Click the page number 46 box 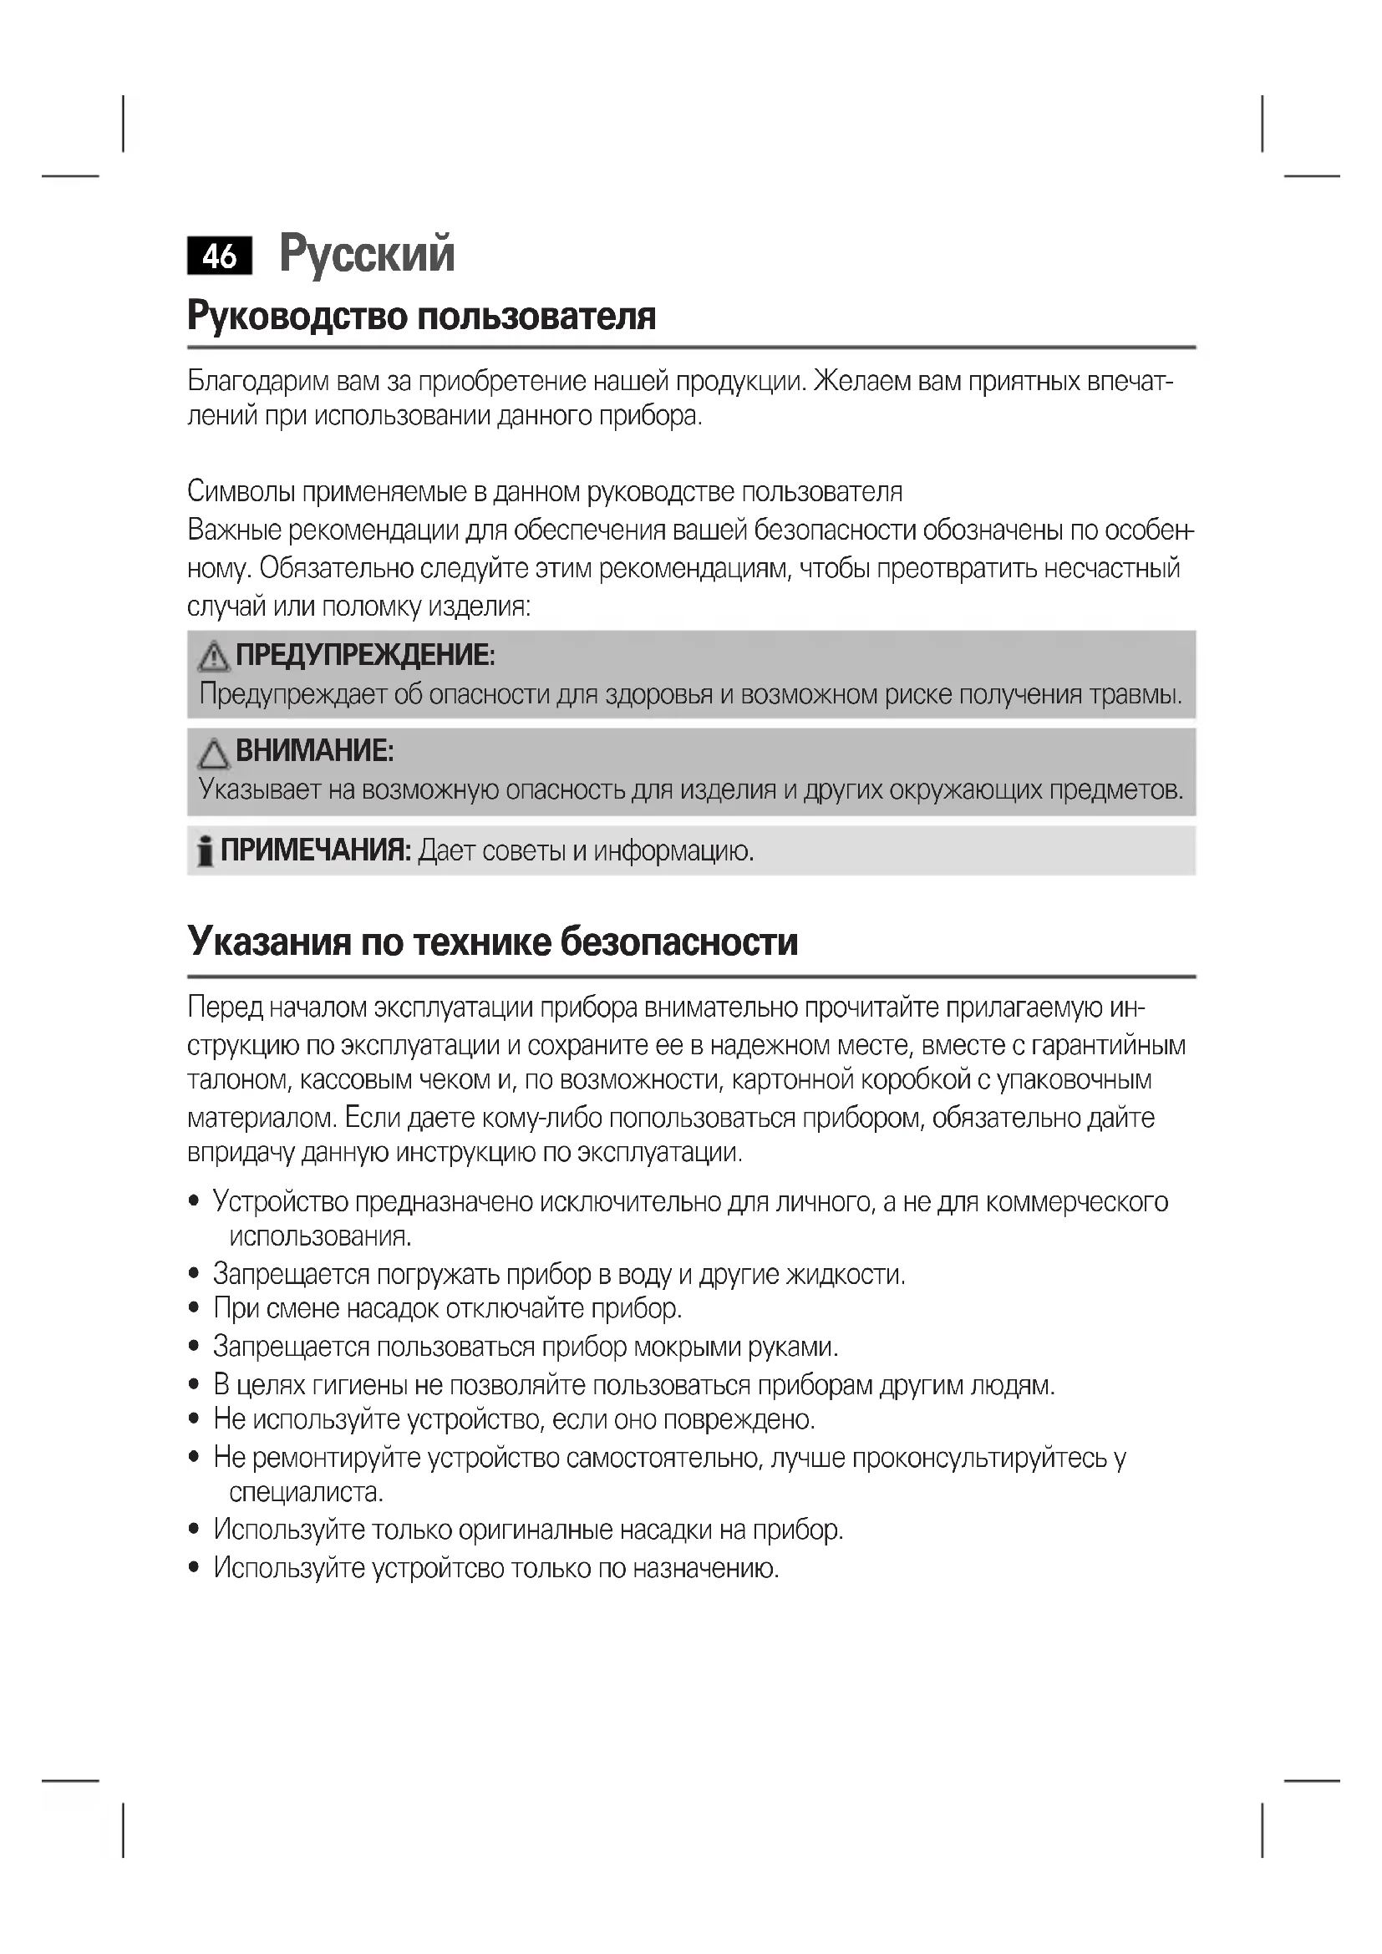(x=220, y=256)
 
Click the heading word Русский (x=367, y=253)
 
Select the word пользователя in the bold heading (x=537, y=317)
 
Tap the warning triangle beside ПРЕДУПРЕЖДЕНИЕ (x=213, y=656)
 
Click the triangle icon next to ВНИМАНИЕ (x=213, y=754)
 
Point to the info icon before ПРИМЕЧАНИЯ (x=204, y=851)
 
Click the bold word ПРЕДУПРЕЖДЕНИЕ (x=364, y=655)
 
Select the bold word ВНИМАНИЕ (x=314, y=751)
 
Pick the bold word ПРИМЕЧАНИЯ (x=316, y=850)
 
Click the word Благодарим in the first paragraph (x=258, y=381)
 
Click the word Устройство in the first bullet (x=280, y=1201)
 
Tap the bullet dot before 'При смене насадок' (x=195, y=1308)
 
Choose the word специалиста (x=306, y=1492)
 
